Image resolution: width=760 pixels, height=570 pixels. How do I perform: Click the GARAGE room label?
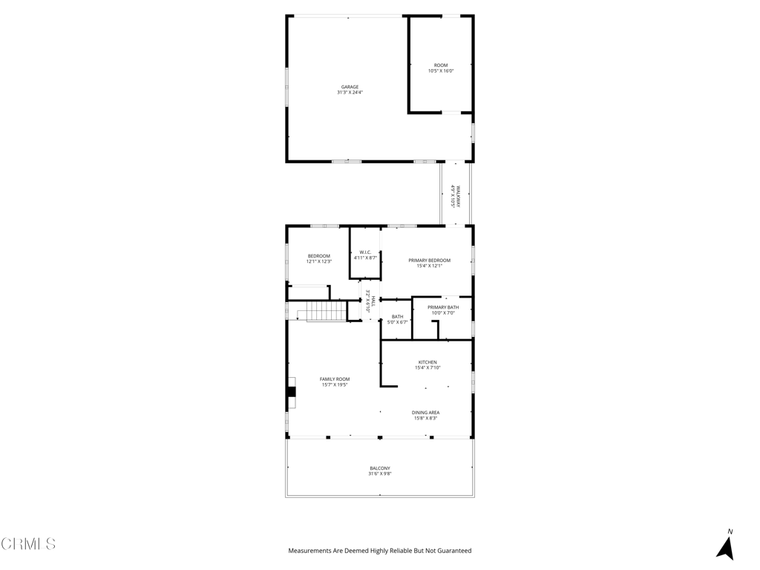click(x=350, y=87)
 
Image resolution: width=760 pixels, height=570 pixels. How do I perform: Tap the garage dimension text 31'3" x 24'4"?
click(x=350, y=93)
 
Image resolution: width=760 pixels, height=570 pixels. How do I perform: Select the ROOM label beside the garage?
click(x=441, y=65)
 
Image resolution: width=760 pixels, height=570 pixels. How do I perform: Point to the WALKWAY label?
click(x=459, y=196)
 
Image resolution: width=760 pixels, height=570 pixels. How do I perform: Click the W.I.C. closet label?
click(x=365, y=252)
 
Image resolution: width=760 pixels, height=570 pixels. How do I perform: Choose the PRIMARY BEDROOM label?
click(x=429, y=261)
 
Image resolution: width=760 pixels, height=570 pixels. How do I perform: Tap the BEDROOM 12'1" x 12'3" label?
click(x=319, y=256)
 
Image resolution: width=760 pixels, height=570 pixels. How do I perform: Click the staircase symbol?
click(x=326, y=312)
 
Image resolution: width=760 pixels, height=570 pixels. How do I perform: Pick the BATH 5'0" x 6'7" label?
click(x=398, y=317)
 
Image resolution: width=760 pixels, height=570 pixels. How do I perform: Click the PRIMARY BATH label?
click(x=443, y=307)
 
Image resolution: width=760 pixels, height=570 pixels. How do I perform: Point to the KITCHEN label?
click(x=427, y=362)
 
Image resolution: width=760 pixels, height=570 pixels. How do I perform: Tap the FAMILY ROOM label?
click(x=335, y=379)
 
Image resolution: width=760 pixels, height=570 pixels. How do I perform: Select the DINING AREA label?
click(x=426, y=413)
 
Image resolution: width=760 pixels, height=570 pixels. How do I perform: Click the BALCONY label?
click(x=380, y=468)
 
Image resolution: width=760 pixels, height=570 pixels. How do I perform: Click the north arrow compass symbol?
click(x=726, y=546)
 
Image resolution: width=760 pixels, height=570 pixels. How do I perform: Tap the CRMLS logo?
click(x=28, y=544)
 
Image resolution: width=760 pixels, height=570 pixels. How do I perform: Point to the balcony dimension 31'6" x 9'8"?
click(x=380, y=474)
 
